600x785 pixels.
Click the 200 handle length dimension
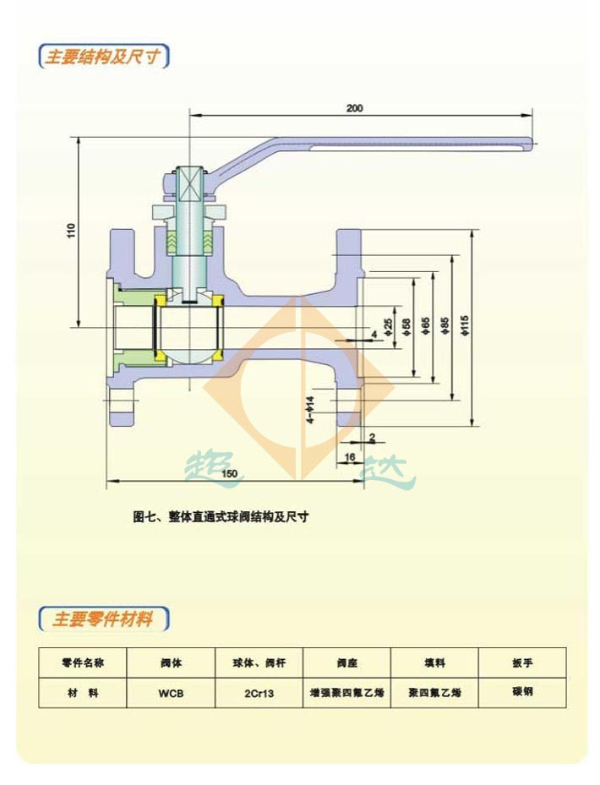(354, 108)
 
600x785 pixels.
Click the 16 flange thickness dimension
(349, 457)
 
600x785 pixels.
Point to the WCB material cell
(170, 693)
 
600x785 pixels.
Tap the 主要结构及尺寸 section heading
(103, 57)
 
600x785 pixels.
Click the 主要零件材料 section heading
(103, 619)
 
